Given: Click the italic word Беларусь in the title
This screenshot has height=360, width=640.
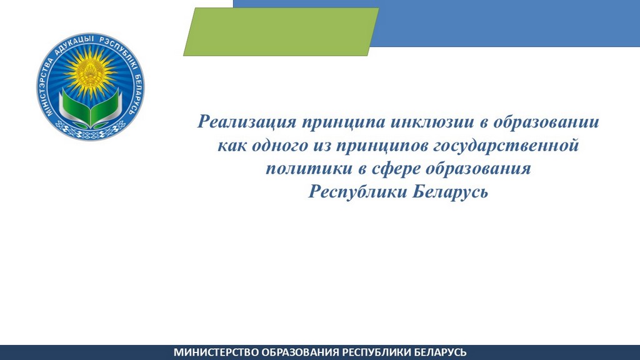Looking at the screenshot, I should (x=450, y=191).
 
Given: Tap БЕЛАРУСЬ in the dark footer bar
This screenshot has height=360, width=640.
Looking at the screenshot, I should (x=438, y=352).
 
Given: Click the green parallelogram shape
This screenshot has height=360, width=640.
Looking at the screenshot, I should (x=281, y=32).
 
